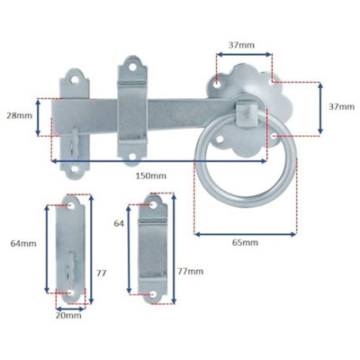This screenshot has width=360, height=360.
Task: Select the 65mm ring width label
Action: point(244,243)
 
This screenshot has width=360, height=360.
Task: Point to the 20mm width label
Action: point(68,315)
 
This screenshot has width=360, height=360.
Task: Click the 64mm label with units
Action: point(22,243)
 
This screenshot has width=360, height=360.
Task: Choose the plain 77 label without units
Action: point(100,271)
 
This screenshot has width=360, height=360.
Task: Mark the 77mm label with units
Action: point(190,271)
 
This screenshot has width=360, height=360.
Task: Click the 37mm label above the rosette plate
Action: point(241,43)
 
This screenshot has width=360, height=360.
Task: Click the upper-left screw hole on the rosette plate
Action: point(219,83)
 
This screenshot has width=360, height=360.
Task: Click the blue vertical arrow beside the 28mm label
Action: point(38,116)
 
